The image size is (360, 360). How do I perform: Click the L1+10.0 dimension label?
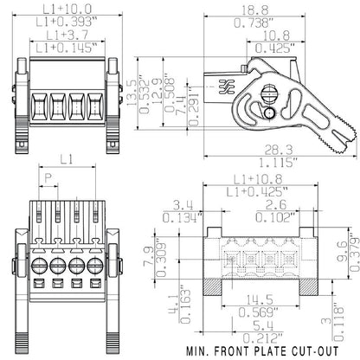pos(67,8)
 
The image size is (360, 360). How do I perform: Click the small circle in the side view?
pos(268,114)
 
